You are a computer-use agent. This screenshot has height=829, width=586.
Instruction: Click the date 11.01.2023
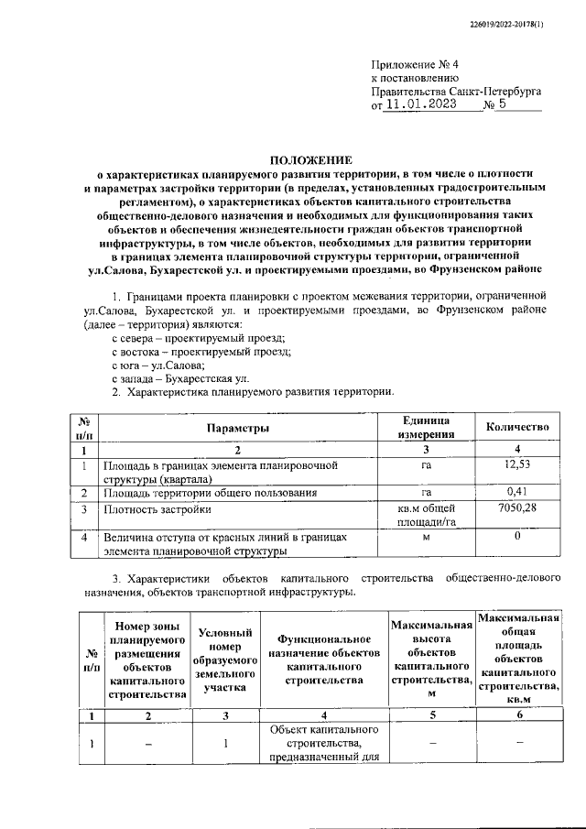426,105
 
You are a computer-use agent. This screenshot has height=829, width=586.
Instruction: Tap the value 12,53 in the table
517,466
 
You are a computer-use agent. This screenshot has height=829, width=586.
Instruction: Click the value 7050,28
517,508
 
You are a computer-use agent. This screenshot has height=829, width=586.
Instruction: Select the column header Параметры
237,428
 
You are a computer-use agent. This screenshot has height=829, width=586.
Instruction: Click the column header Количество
517,428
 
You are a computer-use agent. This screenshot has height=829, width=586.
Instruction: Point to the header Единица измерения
426,428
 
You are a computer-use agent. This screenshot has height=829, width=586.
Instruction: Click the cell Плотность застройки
157,509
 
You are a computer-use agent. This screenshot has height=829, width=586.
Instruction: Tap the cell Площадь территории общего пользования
210,493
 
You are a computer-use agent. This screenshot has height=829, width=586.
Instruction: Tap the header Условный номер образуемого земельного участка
225,659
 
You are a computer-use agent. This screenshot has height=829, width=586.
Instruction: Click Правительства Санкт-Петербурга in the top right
456,92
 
